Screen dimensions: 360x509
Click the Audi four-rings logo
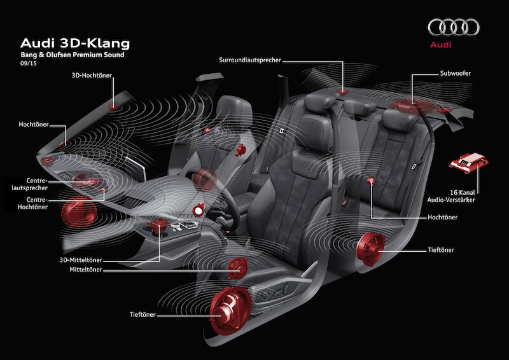(453, 27)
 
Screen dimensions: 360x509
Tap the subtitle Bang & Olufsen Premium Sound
(71, 56)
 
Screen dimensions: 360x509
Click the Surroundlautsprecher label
(250, 60)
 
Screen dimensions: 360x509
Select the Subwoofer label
(457, 73)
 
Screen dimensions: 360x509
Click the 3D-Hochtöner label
(93, 74)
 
